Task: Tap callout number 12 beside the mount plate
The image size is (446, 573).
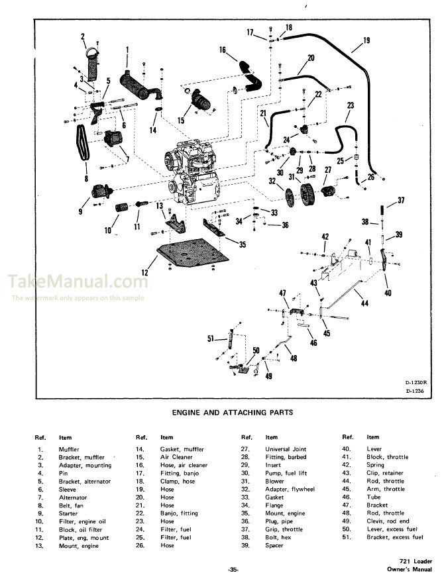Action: [145, 271]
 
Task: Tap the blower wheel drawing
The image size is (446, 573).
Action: [307, 196]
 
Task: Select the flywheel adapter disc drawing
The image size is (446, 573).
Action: [289, 197]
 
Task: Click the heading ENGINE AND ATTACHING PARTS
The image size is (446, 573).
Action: [232, 412]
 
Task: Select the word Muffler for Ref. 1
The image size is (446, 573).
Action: [68, 449]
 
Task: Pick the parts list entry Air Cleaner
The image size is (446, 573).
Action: [177, 457]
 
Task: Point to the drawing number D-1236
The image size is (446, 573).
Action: [415, 391]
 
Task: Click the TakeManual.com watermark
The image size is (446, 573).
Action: [78, 283]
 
